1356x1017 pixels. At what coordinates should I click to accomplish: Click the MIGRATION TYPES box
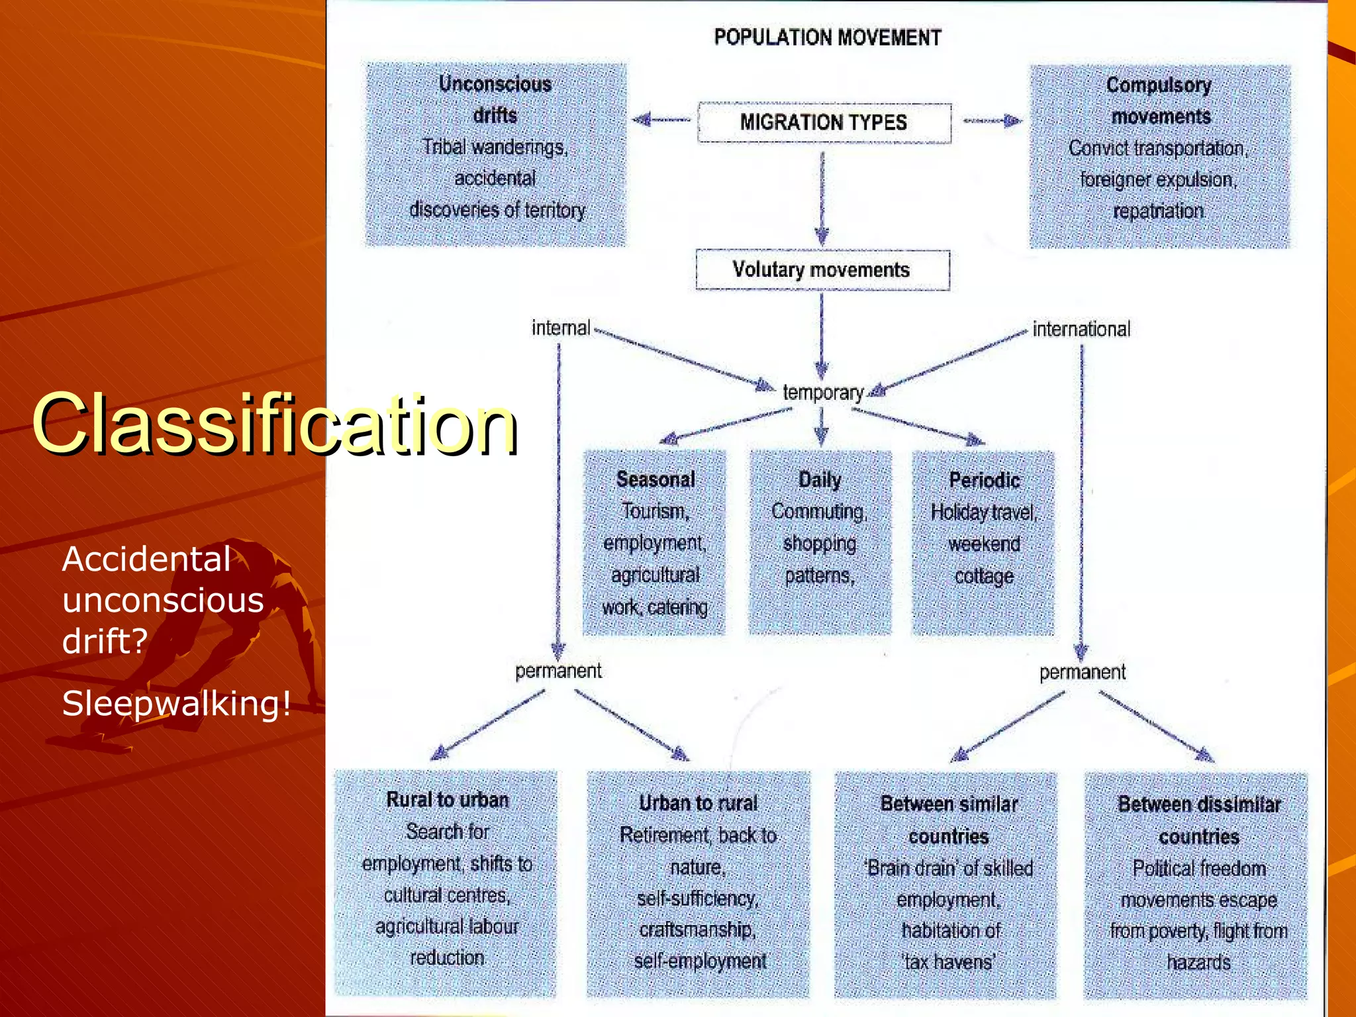click(x=824, y=122)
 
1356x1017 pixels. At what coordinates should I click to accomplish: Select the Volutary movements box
click(x=822, y=269)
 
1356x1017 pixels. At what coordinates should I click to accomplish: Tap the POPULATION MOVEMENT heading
click(x=827, y=38)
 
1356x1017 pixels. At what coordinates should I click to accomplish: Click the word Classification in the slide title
click(x=274, y=424)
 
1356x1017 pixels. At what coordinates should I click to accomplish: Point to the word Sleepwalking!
click(x=176, y=703)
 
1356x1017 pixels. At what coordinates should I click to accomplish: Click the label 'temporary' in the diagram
click(x=823, y=393)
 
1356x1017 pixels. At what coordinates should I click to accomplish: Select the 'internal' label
click(x=561, y=328)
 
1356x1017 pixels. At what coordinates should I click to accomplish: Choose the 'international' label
click(x=1081, y=329)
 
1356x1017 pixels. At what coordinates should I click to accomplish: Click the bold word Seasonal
click(x=655, y=479)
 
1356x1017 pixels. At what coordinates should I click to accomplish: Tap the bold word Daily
click(x=820, y=479)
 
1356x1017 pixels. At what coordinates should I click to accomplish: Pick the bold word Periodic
click(x=984, y=480)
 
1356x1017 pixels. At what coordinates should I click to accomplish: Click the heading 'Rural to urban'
click(x=448, y=800)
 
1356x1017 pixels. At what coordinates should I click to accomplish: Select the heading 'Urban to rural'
click(x=698, y=803)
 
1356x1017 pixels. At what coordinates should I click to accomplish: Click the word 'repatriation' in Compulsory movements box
click(x=1158, y=211)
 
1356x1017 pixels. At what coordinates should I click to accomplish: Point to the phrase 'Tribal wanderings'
click(x=495, y=147)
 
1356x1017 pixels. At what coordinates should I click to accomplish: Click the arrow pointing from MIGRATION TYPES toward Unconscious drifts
click(x=661, y=121)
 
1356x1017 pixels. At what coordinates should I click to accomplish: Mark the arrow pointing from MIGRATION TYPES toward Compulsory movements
click(x=993, y=121)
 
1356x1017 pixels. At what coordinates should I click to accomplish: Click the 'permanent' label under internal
click(x=558, y=671)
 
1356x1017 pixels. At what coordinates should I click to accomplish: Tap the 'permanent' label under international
click(x=1082, y=673)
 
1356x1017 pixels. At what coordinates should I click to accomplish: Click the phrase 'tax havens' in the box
click(x=949, y=961)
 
